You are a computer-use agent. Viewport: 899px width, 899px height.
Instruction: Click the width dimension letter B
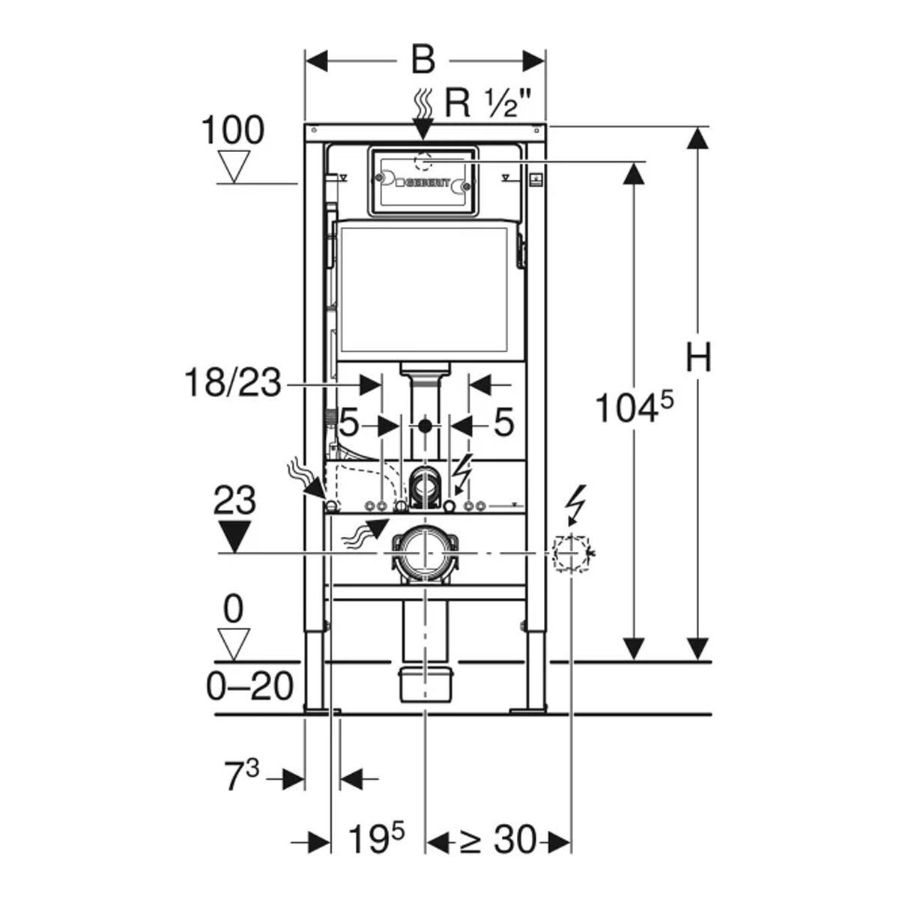423,60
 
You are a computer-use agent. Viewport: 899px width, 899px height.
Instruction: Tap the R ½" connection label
491,103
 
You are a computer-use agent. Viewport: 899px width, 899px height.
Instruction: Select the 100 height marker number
233,130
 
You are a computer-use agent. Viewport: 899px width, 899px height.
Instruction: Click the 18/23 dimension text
232,385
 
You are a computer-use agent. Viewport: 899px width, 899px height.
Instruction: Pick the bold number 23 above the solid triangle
234,500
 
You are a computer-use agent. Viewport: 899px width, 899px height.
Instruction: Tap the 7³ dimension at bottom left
241,779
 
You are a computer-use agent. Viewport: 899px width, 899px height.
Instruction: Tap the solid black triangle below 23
234,536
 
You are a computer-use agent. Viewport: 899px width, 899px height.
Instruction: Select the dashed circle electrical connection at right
572,554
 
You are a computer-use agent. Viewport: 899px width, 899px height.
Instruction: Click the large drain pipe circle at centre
425,554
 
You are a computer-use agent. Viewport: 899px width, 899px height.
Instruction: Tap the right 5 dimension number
504,423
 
